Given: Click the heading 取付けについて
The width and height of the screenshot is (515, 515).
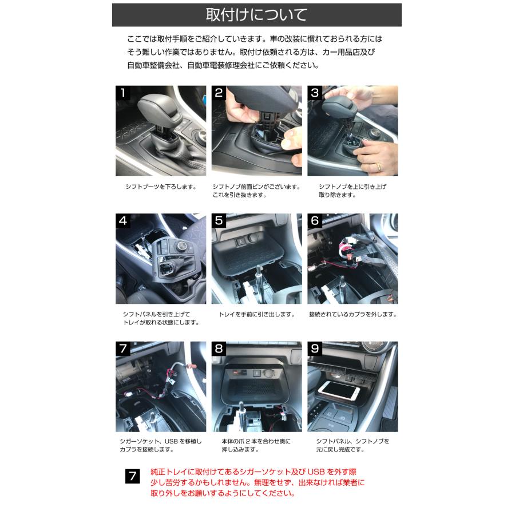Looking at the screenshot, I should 256,15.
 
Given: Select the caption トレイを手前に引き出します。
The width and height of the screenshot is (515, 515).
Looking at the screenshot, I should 256,315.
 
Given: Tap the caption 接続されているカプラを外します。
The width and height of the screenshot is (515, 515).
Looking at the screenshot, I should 352,315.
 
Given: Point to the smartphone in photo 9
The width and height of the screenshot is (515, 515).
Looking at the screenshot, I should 339,392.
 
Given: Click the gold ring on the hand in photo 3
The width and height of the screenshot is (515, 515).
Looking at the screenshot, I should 378,167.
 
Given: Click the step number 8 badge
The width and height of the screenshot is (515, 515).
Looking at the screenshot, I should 219,348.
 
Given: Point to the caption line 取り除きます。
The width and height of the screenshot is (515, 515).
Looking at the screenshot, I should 337,195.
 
